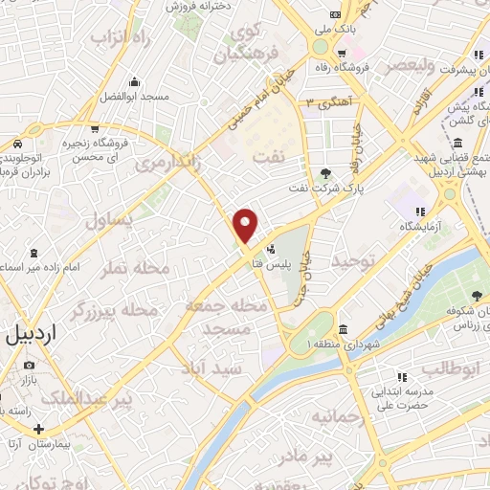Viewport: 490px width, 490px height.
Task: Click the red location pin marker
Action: pyautogui.click(x=247, y=224)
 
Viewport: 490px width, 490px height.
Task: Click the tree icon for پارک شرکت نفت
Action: pyautogui.click(x=325, y=173)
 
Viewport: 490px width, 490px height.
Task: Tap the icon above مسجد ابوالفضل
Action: pyautogui.click(x=135, y=80)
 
